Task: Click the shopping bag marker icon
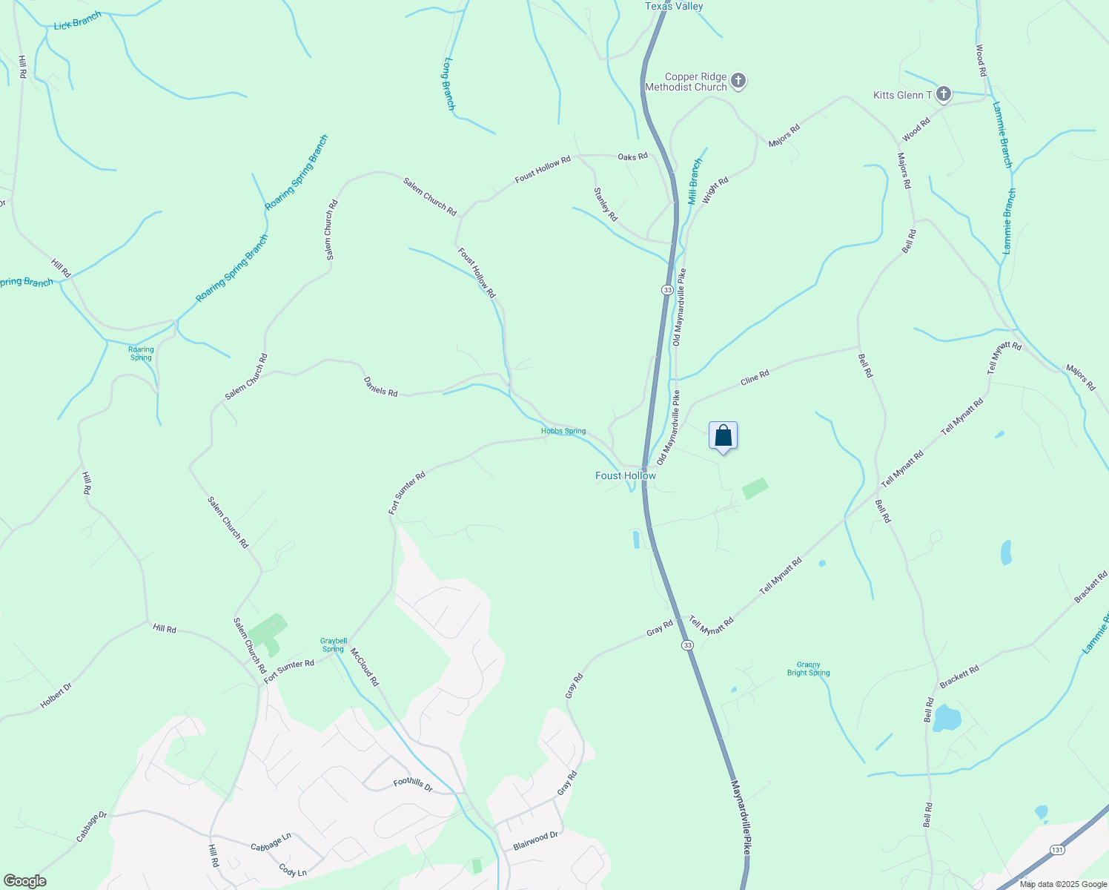tap(723, 436)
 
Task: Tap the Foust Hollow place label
tap(626, 475)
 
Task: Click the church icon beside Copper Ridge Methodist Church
tap(738, 81)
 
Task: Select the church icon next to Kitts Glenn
tap(943, 94)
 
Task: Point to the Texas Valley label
tap(674, 6)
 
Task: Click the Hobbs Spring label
tap(563, 431)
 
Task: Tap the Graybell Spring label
tap(334, 645)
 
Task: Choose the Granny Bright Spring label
tap(808, 669)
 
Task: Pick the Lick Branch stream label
tap(77, 21)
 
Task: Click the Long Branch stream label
tap(448, 84)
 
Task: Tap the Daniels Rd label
tap(381, 386)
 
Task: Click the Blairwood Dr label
tap(535, 840)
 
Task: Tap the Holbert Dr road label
tap(56, 695)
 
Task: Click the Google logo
tap(24, 880)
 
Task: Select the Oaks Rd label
tap(632, 156)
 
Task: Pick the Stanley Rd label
tap(605, 204)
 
